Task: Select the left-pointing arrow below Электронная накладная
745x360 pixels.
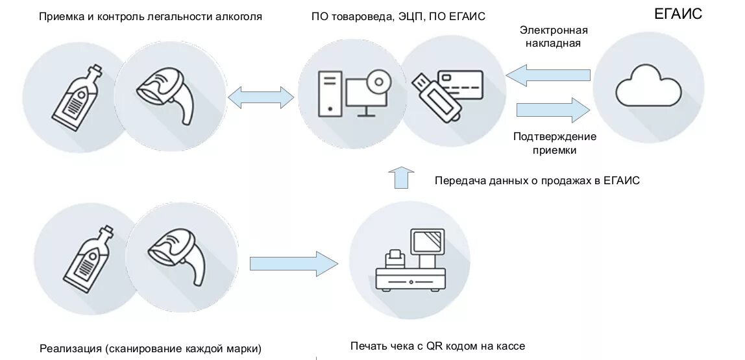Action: [x=548, y=75]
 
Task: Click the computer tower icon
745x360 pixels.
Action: [x=330, y=93]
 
